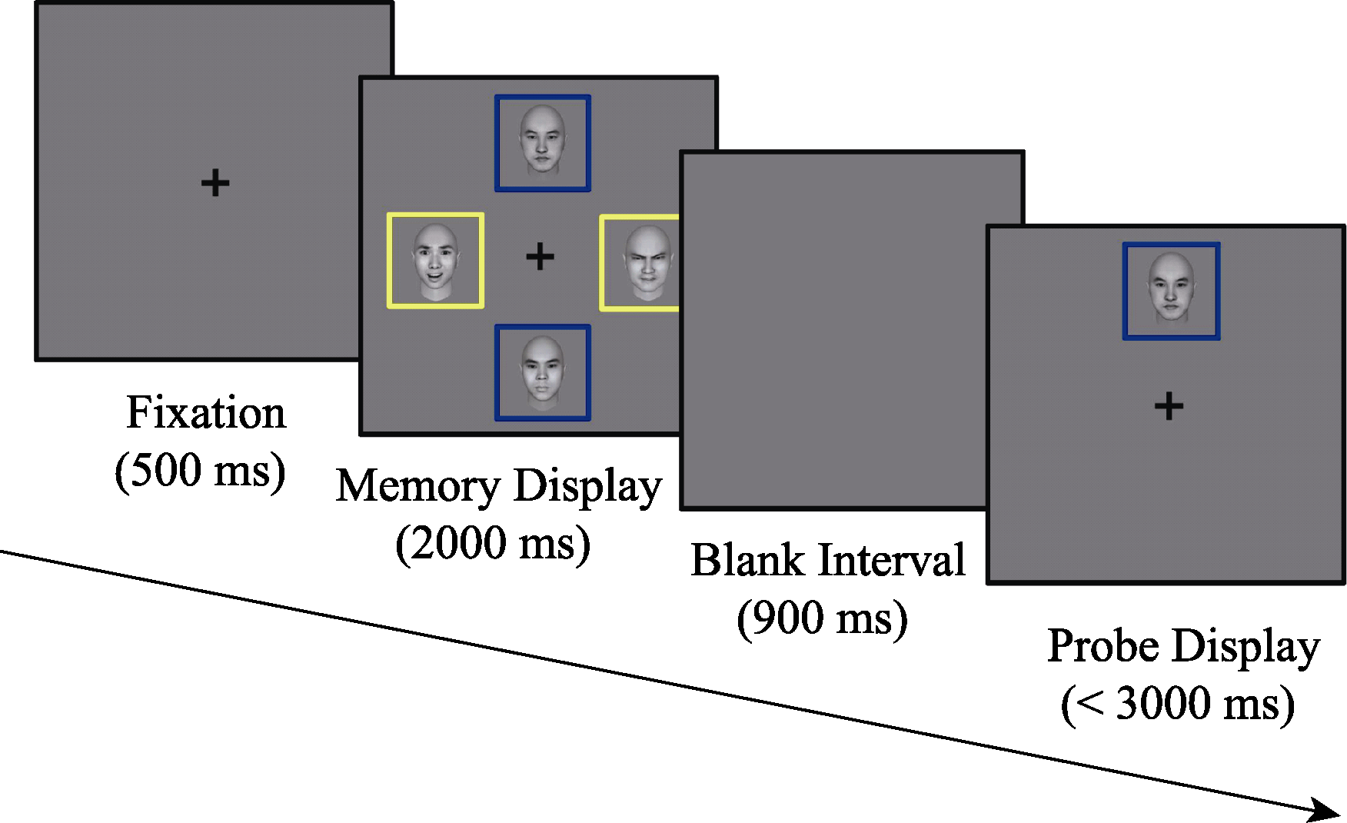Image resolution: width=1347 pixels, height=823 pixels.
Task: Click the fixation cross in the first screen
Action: [x=215, y=183]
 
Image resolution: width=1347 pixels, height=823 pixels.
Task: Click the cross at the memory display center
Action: [x=540, y=256]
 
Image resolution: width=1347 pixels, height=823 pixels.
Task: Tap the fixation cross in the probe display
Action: [x=1169, y=406]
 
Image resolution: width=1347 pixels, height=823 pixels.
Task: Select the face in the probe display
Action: [x=1171, y=289]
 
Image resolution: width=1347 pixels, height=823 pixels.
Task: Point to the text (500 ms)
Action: [x=200, y=470]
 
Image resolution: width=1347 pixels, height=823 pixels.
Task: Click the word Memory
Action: [x=418, y=487]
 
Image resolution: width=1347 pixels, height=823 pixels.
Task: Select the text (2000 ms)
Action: [x=493, y=544]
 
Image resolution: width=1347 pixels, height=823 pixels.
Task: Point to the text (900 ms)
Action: [x=823, y=618]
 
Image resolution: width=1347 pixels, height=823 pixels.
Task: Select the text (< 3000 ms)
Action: [x=1178, y=704]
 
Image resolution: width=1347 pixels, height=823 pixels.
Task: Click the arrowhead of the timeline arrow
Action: [x=1326, y=810]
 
